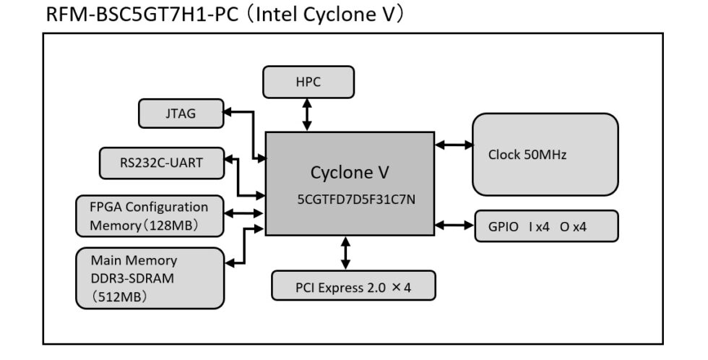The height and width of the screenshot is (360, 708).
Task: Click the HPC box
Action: coord(308,82)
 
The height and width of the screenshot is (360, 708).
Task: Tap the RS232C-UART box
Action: coord(161,163)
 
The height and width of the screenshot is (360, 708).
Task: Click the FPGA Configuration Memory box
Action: coord(149,215)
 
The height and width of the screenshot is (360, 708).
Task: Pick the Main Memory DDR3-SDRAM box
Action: coord(149,278)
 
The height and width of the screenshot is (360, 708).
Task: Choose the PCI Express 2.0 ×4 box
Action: coord(353,286)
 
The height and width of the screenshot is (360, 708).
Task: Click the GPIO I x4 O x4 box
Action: coord(546,226)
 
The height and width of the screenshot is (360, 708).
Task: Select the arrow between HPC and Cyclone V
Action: coord(308,114)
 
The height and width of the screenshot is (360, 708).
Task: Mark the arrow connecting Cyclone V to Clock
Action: coord(453,145)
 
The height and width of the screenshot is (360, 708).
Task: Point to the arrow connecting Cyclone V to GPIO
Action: coord(453,226)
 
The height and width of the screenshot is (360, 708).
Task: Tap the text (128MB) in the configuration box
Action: coord(171,226)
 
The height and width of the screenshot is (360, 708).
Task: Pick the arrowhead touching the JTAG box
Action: coord(228,113)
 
